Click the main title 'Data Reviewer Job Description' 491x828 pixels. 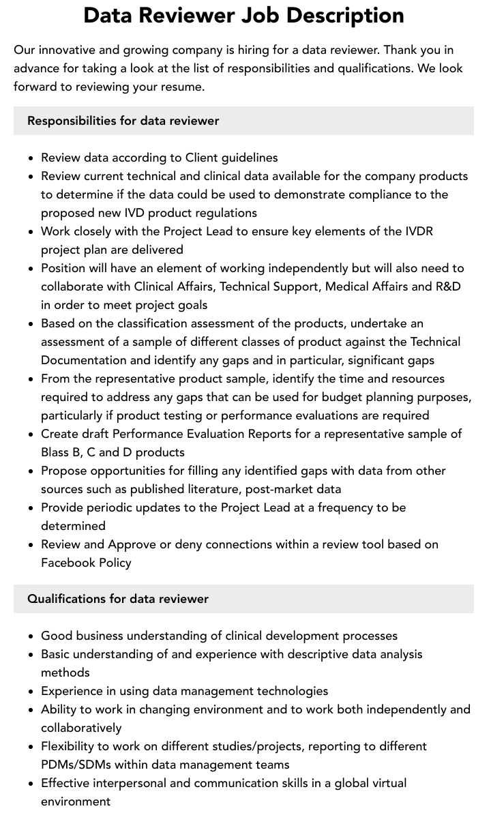tap(243, 15)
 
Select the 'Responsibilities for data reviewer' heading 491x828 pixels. tap(123, 121)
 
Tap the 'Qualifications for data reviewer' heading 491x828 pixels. tap(117, 599)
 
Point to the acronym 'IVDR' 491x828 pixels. tap(417, 231)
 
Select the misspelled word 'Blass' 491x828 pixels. tap(55, 452)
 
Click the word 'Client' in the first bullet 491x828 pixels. tap(205, 158)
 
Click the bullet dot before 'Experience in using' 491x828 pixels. tap(31, 692)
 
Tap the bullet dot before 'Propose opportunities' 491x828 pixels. tap(31, 471)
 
